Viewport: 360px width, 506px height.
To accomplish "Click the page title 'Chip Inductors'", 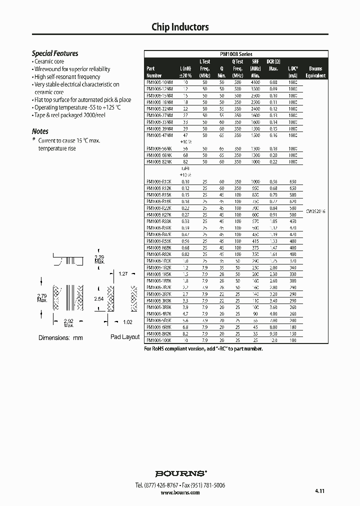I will coord(180,27).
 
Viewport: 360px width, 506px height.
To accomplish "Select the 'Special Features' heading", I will coord(55,53).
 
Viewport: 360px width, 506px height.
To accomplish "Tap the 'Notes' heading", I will coord(40,131).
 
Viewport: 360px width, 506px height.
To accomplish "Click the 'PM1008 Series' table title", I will coord(236,54).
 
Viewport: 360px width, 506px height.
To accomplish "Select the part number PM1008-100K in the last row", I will coord(159,340).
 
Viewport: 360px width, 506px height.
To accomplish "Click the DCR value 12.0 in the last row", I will coord(273,340).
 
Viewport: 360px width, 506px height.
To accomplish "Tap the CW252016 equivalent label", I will coord(315,212).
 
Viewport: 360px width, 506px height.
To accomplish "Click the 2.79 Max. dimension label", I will coord(42,298).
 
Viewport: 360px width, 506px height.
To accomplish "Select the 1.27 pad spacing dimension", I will coord(124,273).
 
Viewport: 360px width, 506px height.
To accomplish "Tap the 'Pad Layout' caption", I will coord(125,337).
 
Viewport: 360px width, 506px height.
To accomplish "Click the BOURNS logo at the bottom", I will coord(180,473).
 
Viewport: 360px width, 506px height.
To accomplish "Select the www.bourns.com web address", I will coord(180,492).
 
